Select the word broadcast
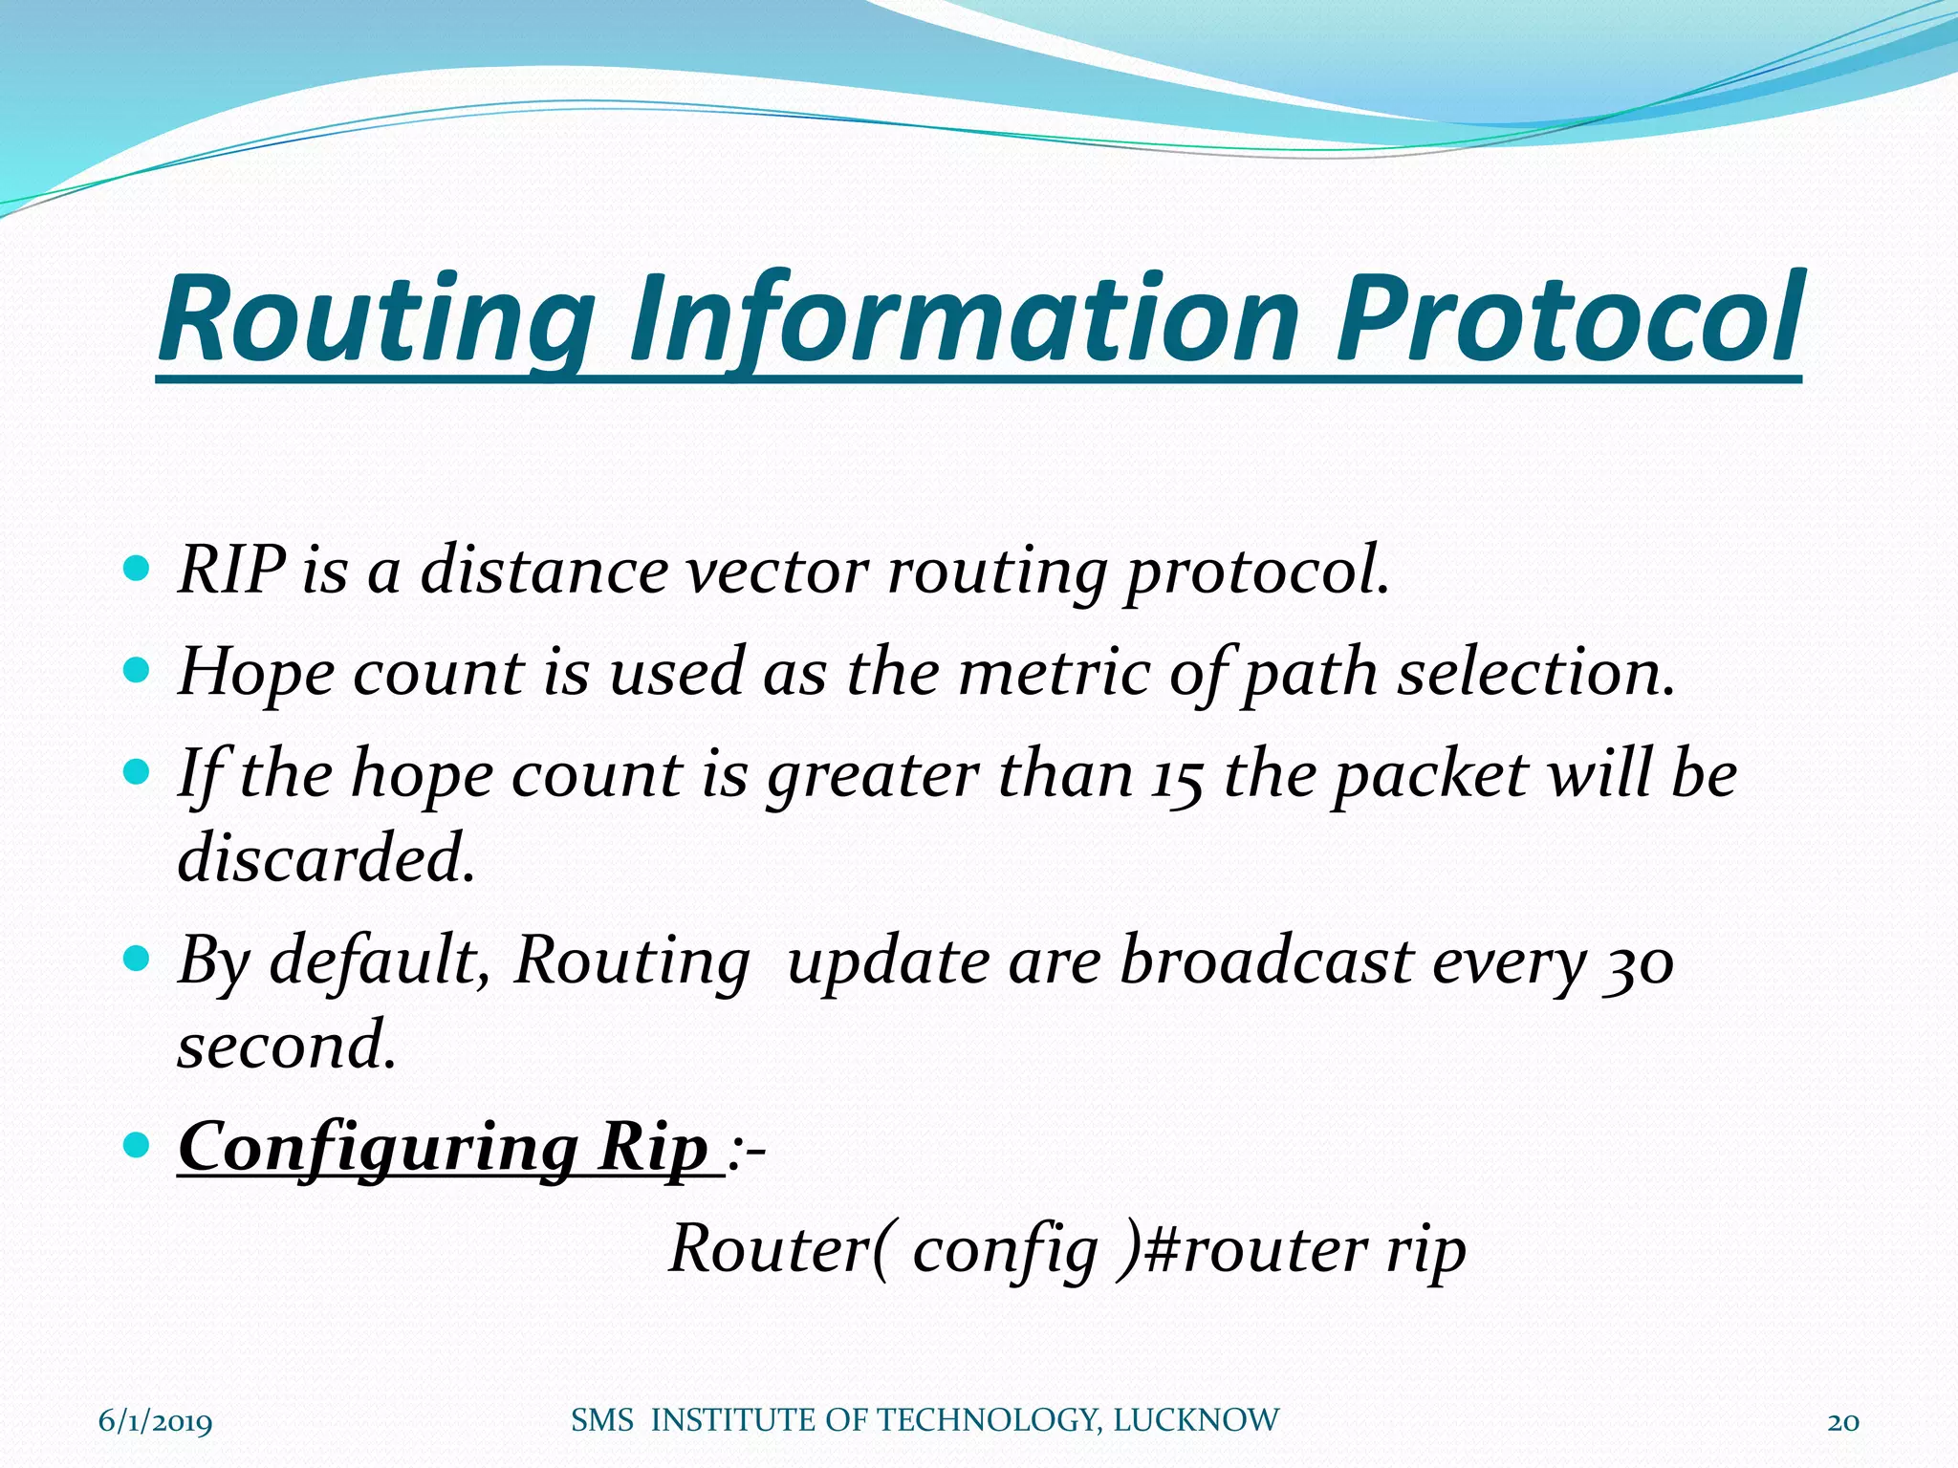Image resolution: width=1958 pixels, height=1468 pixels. tap(1266, 961)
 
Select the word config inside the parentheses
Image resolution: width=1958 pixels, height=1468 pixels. tap(1005, 1251)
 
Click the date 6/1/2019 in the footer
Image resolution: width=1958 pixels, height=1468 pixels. tap(156, 1421)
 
